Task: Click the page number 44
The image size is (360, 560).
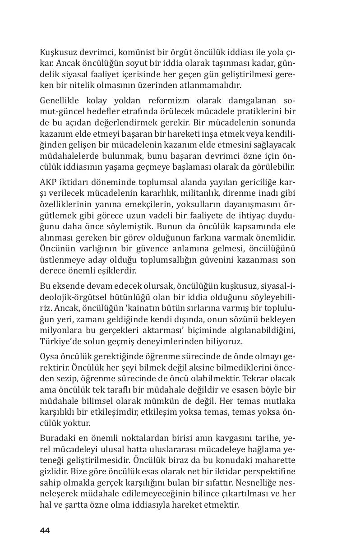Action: coord(45,530)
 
